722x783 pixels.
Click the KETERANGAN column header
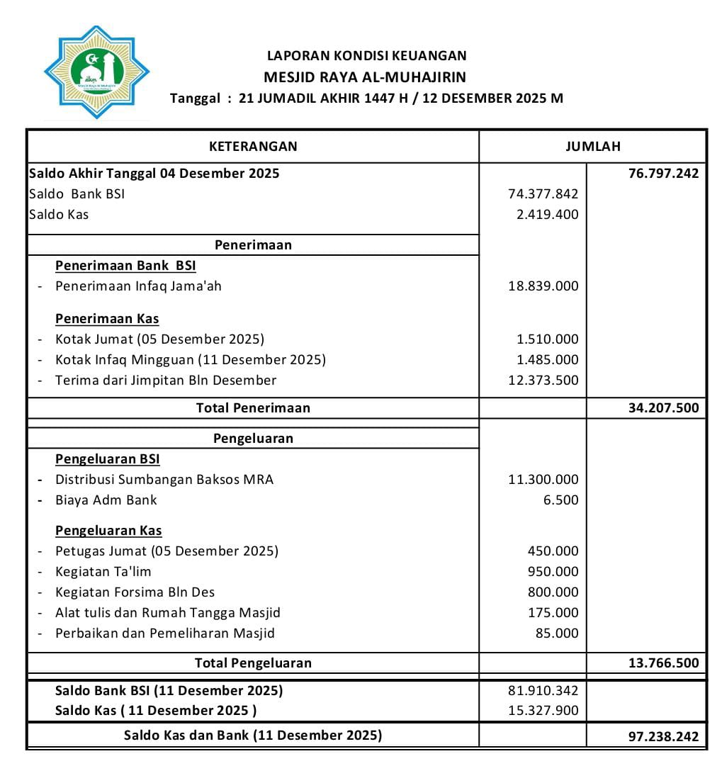(253, 147)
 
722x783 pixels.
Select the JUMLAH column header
(592, 147)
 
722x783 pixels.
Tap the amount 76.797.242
(663, 174)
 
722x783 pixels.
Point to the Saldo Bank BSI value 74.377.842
(543, 194)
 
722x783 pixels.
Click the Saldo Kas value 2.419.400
(548, 215)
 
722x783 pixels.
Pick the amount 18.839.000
(543, 286)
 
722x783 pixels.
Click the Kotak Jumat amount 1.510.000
(548, 339)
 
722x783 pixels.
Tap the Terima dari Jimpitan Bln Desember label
(166, 381)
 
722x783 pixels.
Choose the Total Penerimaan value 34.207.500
(663, 408)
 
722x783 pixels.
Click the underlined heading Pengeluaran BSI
(108, 459)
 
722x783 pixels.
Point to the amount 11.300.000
(543, 480)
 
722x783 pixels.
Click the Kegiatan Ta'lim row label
(103, 572)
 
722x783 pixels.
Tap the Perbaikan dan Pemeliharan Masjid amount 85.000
(557, 633)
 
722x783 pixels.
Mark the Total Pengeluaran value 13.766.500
(663, 663)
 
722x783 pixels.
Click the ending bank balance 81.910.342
(543, 690)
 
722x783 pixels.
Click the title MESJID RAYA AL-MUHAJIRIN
(365, 77)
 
